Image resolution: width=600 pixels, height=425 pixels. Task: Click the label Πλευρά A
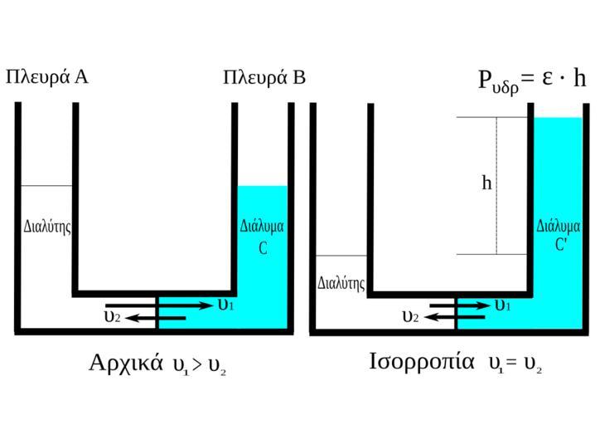click(46, 77)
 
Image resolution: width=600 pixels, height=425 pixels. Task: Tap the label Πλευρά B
click(264, 78)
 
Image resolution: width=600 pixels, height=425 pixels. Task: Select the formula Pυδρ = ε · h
click(532, 79)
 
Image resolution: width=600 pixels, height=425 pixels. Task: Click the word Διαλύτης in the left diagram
click(46, 226)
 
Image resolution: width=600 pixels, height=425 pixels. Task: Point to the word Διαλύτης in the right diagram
click(341, 283)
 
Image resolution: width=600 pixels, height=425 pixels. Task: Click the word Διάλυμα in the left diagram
click(262, 226)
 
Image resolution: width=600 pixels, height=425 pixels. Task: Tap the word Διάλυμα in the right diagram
click(558, 226)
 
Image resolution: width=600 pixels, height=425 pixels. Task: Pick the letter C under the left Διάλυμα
click(263, 247)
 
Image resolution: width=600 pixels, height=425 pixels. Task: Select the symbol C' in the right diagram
click(561, 245)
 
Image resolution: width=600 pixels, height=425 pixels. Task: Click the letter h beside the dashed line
click(486, 183)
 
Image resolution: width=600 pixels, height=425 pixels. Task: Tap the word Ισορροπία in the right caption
click(422, 362)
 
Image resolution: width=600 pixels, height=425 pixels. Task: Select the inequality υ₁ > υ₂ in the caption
click(199, 365)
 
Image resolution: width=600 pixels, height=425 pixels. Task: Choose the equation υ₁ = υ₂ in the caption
click(515, 364)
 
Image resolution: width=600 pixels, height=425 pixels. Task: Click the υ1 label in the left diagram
click(225, 305)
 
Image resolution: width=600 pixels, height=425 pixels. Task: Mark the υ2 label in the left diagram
click(112, 316)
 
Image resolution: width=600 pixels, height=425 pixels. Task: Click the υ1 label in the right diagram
click(502, 305)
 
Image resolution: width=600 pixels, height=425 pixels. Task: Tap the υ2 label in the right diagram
click(409, 316)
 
